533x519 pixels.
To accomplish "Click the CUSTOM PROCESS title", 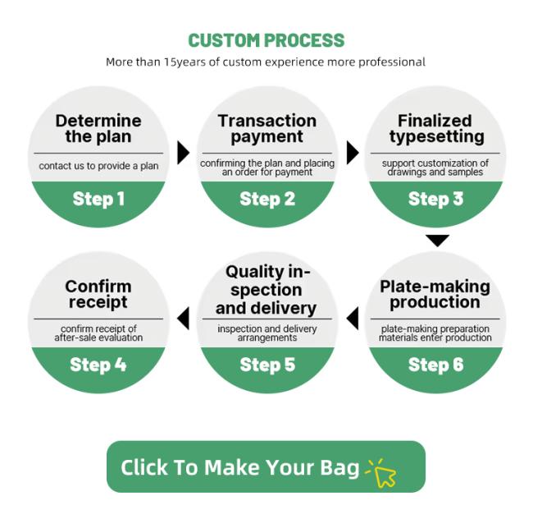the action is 266,40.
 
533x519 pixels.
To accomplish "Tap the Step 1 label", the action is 98,199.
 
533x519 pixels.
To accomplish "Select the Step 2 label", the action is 267,199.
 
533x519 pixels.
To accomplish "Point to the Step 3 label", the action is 435,199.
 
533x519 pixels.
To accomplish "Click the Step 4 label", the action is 98,365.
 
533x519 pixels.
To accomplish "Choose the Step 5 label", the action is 267,365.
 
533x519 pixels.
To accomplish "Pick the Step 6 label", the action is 435,365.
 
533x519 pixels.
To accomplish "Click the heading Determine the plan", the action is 98,129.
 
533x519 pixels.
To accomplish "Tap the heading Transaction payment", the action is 267,129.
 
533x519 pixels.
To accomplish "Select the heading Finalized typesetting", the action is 437,129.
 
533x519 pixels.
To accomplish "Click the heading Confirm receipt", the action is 98,295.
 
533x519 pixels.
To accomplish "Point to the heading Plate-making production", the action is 435,295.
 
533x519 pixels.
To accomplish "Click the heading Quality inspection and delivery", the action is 266,290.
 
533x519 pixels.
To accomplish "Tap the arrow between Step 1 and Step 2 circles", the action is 183,153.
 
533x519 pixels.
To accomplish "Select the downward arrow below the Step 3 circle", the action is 438,241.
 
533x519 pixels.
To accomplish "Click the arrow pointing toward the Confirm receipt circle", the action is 183,318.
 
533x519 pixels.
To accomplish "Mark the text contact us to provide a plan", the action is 98,166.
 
